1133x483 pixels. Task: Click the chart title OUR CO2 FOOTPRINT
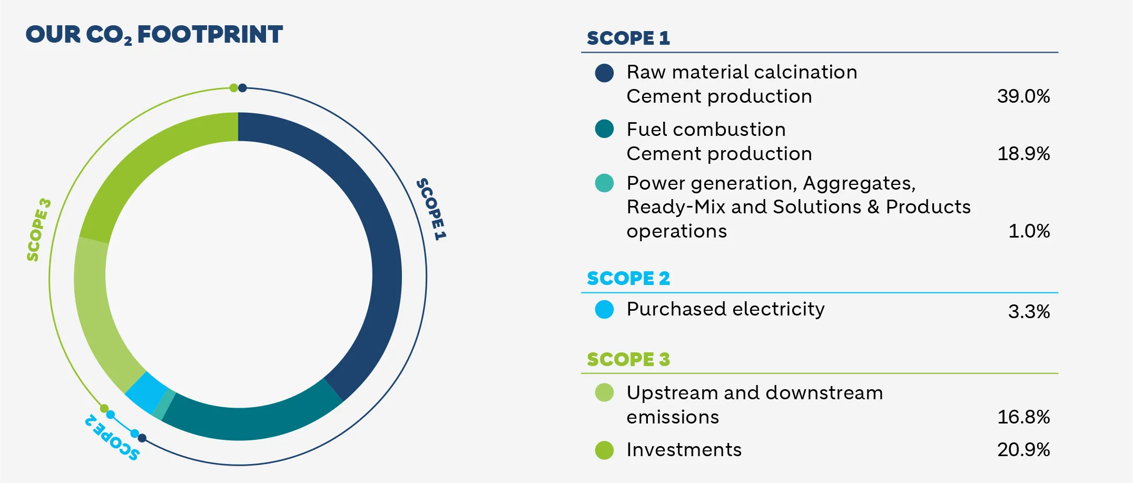(x=154, y=35)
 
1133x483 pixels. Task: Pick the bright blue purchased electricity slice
(x=146, y=392)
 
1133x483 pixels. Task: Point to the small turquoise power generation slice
(x=164, y=405)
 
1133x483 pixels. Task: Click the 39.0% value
(x=1023, y=96)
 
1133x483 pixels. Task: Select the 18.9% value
(x=1023, y=154)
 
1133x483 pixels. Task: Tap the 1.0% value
(x=1029, y=231)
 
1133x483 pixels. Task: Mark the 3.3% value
(x=1029, y=312)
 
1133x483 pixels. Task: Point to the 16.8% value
(x=1023, y=417)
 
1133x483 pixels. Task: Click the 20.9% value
(x=1023, y=450)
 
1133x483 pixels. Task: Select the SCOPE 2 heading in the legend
(x=628, y=278)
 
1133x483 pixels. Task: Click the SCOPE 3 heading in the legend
(x=628, y=359)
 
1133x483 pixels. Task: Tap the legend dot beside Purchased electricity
(x=604, y=309)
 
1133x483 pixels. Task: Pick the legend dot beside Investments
(x=604, y=450)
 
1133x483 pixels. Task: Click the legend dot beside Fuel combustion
(x=604, y=129)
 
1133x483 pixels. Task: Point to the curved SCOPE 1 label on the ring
(x=431, y=209)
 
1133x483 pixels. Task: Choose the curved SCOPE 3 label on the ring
(x=39, y=230)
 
